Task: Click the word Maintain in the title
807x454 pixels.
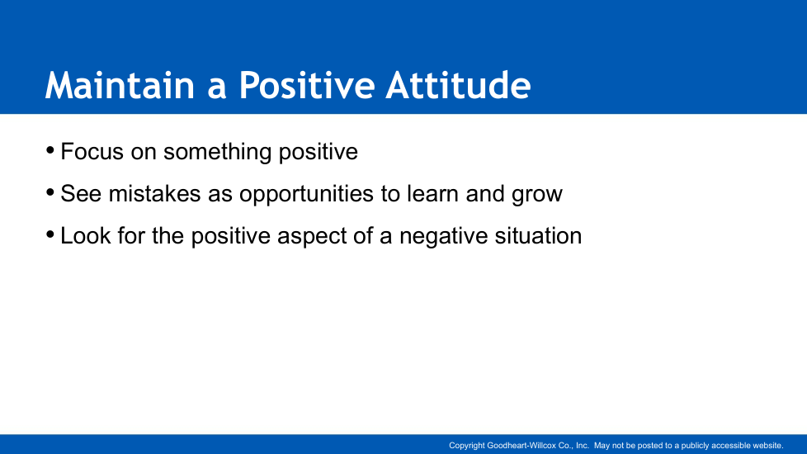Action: (x=120, y=85)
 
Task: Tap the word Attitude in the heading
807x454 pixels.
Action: (x=459, y=85)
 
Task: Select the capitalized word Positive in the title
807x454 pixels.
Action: (x=307, y=85)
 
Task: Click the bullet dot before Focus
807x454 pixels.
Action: (x=50, y=150)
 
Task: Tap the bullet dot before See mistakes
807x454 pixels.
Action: (x=50, y=192)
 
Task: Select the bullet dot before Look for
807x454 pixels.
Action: (x=50, y=234)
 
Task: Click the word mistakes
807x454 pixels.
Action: (x=155, y=193)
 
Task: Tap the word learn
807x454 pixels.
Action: (x=433, y=193)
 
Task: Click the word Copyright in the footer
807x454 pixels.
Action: (x=467, y=446)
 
